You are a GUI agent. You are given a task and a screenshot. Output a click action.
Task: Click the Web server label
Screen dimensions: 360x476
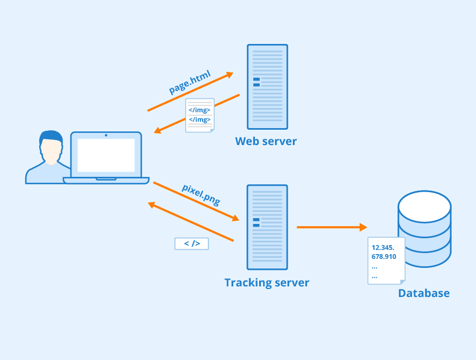(x=266, y=141)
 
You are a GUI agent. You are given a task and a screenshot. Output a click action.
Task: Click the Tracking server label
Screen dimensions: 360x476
(x=267, y=283)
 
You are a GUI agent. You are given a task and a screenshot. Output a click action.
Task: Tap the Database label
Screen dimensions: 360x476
(x=424, y=293)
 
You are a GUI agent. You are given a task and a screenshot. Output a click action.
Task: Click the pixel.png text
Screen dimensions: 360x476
(x=201, y=194)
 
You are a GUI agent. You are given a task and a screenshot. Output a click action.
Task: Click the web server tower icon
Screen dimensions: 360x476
(x=267, y=87)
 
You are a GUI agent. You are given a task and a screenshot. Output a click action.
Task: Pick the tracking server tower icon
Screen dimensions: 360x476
(x=267, y=227)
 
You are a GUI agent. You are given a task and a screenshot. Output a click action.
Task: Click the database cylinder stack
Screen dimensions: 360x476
(x=424, y=229)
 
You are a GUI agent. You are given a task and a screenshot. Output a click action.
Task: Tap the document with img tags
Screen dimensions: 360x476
(x=199, y=115)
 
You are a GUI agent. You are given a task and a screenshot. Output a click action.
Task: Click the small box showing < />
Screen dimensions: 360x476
(x=191, y=244)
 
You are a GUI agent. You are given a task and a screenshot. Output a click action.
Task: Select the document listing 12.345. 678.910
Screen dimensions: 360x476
(x=386, y=260)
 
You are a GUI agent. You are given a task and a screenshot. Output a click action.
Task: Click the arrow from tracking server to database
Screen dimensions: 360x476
(x=331, y=227)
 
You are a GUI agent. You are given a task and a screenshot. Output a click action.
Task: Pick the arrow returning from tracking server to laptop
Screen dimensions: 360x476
(x=190, y=222)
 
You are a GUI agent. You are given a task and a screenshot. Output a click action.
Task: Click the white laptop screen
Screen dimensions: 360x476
(x=106, y=155)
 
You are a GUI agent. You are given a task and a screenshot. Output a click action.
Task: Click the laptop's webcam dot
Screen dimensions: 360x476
(x=106, y=136)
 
